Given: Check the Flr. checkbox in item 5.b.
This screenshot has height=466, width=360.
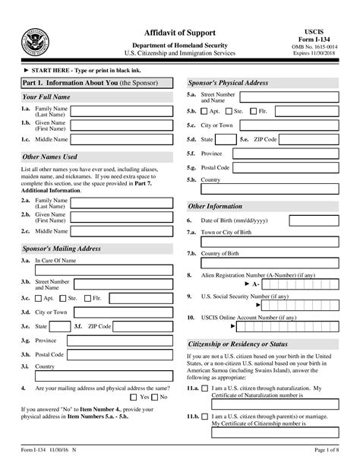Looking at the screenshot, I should [254, 111].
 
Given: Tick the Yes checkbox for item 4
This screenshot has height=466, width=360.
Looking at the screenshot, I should [135, 397].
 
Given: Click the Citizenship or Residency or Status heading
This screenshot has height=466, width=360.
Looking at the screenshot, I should [237, 344].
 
